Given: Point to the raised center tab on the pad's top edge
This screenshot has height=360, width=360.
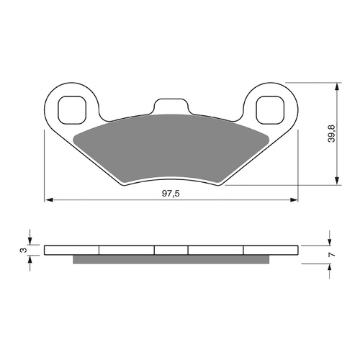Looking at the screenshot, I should point(171,106).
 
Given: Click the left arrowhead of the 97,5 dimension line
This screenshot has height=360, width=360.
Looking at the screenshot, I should point(48,199).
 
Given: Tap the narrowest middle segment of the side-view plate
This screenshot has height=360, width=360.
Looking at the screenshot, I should point(171,251).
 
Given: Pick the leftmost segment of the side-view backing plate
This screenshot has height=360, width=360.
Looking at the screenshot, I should point(71,251).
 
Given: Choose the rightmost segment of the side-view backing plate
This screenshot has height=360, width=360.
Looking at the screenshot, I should point(271,251).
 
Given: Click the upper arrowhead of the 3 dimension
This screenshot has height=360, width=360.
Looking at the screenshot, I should point(30,242).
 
